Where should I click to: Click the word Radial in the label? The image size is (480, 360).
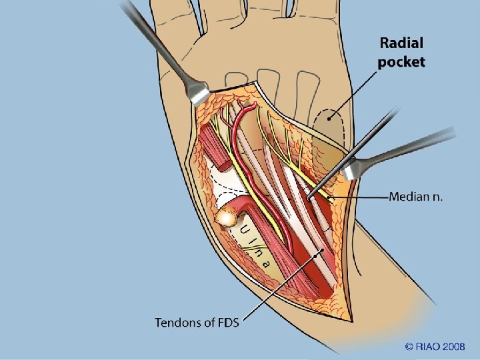coord(401,43)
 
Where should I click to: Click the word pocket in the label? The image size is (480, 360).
coord(401,63)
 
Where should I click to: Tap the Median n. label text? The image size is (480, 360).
coord(416,197)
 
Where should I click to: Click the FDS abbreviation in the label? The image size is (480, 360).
coord(227,323)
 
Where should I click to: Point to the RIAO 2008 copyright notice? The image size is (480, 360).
coord(436,347)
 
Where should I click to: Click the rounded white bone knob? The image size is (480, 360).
coord(229,216)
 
